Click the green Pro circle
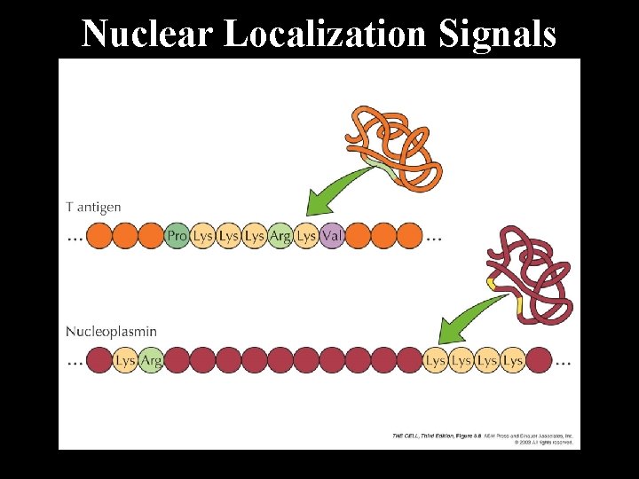tap(177, 236)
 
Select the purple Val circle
tap(332, 236)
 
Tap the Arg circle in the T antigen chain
tap(280, 236)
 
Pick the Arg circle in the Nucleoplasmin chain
tap(151, 361)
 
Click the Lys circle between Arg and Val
tap(306, 236)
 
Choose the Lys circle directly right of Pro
tap(202, 236)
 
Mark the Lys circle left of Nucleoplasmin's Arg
tap(125, 361)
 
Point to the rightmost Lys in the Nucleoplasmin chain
tap(512, 361)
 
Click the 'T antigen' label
tap(93, 208)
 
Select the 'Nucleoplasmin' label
tap(111, 332)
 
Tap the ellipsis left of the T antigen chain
tap(75, 238)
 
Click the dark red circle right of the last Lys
tap(538, 361)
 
